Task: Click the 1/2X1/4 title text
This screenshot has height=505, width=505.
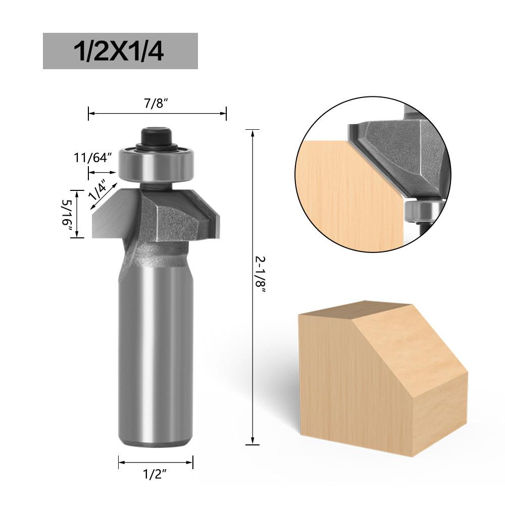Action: pos(120,51)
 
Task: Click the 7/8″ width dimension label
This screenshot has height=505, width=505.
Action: pos(156,104)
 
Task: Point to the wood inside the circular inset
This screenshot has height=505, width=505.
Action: pos(343,197)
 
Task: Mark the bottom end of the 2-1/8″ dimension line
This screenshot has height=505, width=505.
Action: pos(252,444)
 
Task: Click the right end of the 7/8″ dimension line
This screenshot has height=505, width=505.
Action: pos(226,113)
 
